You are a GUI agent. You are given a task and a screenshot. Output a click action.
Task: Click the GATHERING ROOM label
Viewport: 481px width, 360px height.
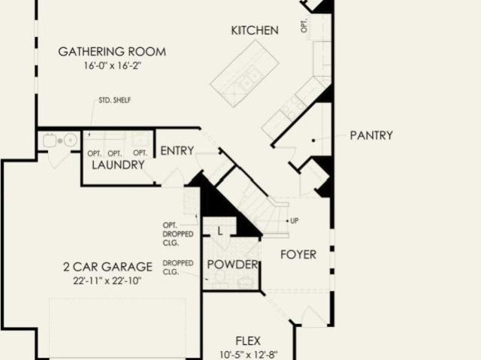[x=112, y=52]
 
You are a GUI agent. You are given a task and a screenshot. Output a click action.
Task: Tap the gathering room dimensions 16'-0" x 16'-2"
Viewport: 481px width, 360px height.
[x=113, y=65]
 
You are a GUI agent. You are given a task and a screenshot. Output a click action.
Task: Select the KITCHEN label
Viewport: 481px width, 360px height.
[x=255, y=30]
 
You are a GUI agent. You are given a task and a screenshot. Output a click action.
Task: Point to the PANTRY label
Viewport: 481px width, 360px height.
[x=371, y=135]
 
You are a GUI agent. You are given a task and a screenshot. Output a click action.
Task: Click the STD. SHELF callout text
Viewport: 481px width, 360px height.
[x=115, y=100]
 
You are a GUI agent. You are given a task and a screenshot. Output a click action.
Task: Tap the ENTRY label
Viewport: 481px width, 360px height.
[x=177, y=150]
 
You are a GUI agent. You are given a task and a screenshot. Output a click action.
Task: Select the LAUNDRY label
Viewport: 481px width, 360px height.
[x=119, y=165]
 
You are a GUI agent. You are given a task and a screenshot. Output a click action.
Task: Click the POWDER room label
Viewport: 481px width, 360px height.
[x=232, y=265]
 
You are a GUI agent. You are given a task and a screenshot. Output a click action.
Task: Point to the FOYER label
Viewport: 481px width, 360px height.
[x=298, y=255]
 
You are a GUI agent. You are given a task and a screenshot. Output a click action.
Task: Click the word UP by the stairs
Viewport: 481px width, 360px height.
[x=294, y=221]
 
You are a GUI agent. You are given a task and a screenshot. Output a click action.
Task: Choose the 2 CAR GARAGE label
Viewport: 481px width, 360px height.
[x=107, y=267]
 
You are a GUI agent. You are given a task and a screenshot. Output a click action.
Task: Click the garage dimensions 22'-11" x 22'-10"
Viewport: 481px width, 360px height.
[x=107, y=281]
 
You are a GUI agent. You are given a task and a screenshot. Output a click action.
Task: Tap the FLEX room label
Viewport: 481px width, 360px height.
[x=248, y=340]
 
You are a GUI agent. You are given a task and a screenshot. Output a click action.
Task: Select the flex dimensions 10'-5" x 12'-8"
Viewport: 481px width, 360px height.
[x=248, y=355]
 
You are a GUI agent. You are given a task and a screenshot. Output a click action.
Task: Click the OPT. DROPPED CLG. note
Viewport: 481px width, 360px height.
[x=178, y=234]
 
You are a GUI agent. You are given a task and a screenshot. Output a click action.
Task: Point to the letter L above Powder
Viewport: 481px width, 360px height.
[x=219, y=231]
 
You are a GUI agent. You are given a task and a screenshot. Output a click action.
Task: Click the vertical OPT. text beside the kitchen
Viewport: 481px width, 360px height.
[x=304, y=26]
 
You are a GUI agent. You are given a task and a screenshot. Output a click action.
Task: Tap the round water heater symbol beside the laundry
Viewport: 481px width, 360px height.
[x=71, y=140]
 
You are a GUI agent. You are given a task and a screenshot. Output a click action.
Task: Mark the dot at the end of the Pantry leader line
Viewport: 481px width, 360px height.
[x=313, y=141]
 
